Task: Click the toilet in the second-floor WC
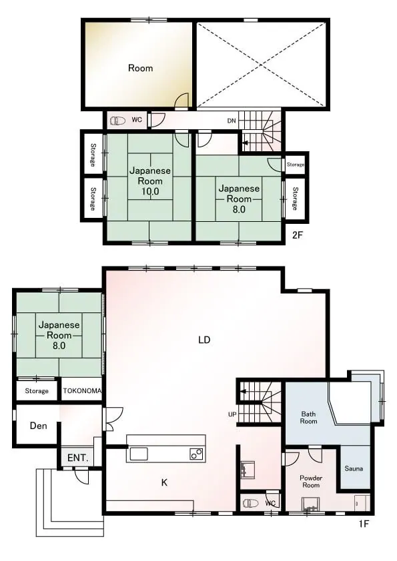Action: (117, 121)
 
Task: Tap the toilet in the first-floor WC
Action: (250, 504)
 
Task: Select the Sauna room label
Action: (354, 468)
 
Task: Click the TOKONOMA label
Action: (82, 390)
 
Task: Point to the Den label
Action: (38, 426)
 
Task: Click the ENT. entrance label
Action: (78, 458)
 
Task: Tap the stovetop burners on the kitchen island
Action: (196, 454)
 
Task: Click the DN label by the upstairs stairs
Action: (232, 121)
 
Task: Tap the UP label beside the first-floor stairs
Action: (232, 414)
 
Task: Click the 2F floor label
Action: (298, 235)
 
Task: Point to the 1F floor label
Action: (364, 524)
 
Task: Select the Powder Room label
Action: (311, 482)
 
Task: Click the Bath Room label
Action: (308, 418)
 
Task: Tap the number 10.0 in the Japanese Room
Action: (150, 191)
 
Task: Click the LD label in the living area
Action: (204, 340)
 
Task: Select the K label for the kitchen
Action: (164, 482)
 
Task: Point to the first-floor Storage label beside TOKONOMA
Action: (37, 391)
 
